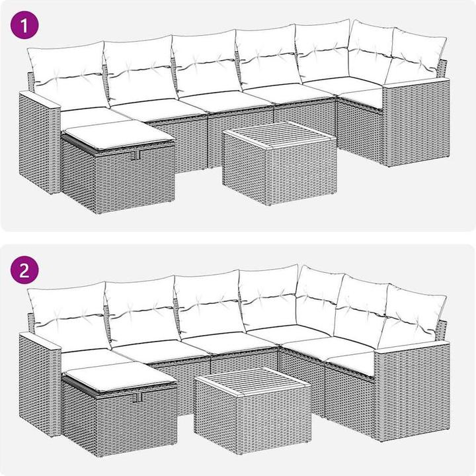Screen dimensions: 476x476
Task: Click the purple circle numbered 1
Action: (x=24, y=25)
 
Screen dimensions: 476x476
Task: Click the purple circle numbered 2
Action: (x=24, y=270)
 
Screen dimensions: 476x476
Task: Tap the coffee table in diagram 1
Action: (x=279, y=163)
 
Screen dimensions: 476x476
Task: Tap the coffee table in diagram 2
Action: (x=253, y=410)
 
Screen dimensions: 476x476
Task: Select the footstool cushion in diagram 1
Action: (x=120, y=134)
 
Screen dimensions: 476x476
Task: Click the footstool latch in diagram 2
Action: (x=139, y=397)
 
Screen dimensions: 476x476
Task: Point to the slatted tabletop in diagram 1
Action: (x=280, y=134)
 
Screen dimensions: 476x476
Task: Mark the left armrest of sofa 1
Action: (x=40, y=143)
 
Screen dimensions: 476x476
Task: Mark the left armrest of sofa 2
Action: (x=40, y=385)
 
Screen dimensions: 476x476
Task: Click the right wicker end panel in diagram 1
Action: (x=415, y=122)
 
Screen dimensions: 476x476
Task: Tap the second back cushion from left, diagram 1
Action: (x=140, y=70)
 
